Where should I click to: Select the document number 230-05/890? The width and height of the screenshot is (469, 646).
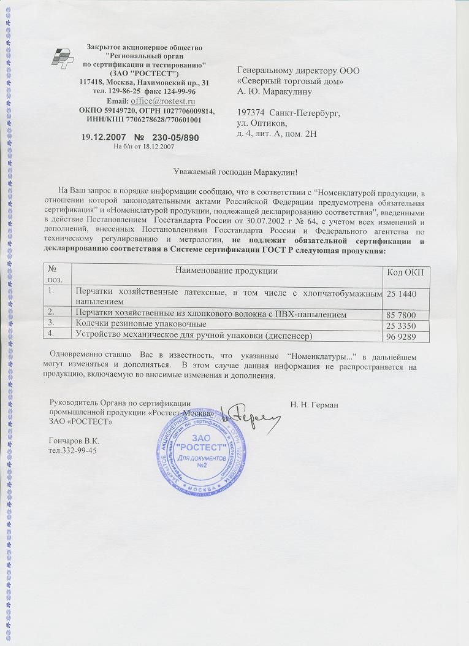tap(176, 137)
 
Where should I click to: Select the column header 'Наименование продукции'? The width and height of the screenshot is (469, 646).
tap(227, 271)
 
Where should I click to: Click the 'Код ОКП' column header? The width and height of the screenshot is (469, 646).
tap(406, 272)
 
